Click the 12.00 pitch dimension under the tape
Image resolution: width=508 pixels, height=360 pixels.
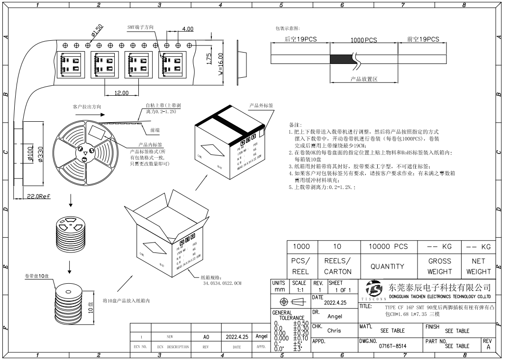coord(122,93)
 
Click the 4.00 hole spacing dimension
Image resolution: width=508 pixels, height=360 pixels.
coord(187,29)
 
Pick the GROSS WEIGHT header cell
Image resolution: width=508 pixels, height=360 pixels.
coord(439,266)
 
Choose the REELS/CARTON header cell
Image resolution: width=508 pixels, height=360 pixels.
coord(337,266)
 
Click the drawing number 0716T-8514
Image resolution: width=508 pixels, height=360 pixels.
coord(393,346)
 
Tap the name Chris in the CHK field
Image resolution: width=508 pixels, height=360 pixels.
coord(334,331)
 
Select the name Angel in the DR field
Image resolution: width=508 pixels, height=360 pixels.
coord(335,316)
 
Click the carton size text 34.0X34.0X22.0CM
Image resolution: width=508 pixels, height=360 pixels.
coord(222,283)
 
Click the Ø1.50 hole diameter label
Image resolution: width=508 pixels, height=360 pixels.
coord(97,31)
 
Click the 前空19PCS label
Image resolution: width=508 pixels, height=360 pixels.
coord(423,40)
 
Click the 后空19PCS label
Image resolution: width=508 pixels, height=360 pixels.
coord(300,40)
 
